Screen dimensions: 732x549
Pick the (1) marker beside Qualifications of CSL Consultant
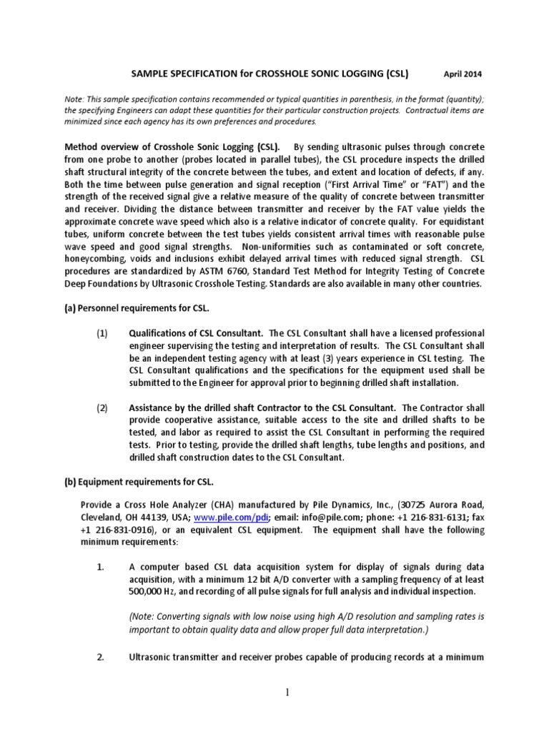click(103, 333)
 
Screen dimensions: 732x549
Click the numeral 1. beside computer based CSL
click(101, 567)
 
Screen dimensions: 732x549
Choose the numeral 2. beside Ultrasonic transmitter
click(101, 657)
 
